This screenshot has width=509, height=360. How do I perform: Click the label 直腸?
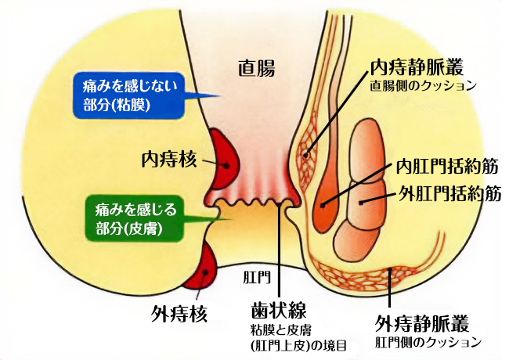pyautogui.click(x=256, y=68)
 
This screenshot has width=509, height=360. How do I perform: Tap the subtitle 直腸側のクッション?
pyautogui.click(x=423, y=85)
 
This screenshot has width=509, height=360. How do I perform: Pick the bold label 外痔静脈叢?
pyautogui.click(x=424, y=324)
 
